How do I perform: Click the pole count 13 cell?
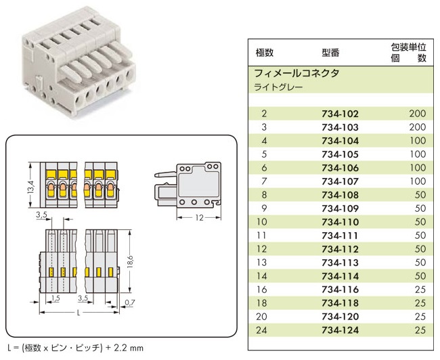(x=263, y=262)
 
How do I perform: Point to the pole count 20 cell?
(x=263, y=316)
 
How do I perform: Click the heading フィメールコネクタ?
(x=296, y=73)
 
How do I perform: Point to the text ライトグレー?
(x=278, y=87)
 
